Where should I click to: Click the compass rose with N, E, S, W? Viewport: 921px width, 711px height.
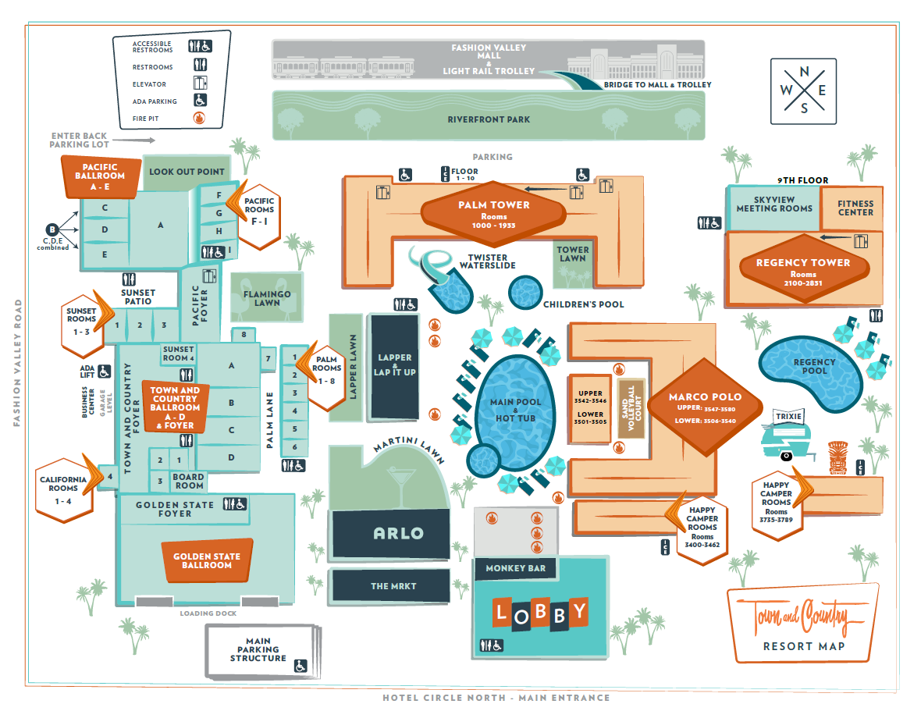(x=803, y=91)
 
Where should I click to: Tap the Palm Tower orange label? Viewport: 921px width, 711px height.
(x=493, y=211)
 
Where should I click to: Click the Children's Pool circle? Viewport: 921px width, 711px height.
(x=526, y=292)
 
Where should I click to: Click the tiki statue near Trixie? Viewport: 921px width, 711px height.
(x=836, y=456)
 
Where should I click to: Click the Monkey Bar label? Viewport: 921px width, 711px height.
(x=516, y=568)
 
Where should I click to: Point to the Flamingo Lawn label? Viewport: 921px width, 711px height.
(x=267, y=297)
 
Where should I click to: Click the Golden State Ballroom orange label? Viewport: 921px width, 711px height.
(x=207, y=560)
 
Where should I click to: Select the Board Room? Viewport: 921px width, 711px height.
(x=189, y=481)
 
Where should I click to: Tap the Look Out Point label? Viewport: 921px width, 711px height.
(x=187, y=172)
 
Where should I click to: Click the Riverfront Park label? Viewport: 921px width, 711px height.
(x=489, y=119)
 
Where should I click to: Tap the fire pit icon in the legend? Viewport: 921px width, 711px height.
(x=198, y=119)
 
